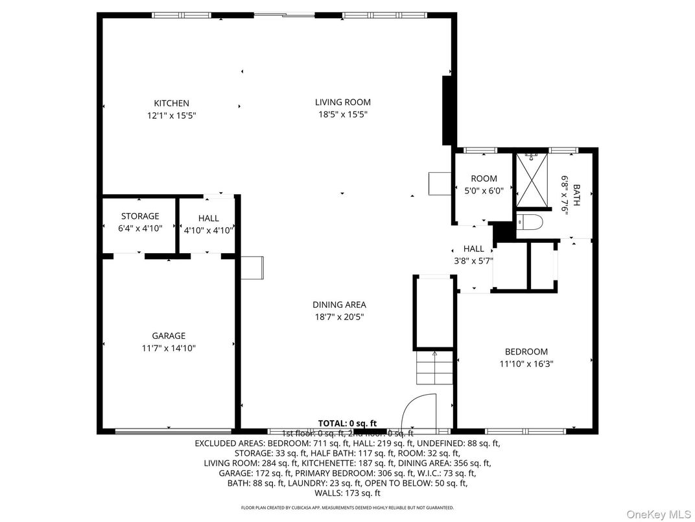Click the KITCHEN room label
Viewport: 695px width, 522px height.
171,103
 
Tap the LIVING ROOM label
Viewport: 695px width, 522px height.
342,102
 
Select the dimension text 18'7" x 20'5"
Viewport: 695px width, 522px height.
339,317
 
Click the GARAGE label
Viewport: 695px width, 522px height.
169,336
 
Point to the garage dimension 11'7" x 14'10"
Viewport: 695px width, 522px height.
169,348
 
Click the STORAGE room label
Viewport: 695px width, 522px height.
140,216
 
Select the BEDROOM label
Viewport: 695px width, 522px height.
526,352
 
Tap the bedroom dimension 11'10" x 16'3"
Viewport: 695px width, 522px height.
526,364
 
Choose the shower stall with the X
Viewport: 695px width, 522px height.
532,179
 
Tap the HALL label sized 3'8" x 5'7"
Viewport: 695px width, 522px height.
473,249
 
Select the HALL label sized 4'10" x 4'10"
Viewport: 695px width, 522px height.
209,218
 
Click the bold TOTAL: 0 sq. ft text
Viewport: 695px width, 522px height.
347,423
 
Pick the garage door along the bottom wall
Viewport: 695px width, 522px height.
173,430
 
